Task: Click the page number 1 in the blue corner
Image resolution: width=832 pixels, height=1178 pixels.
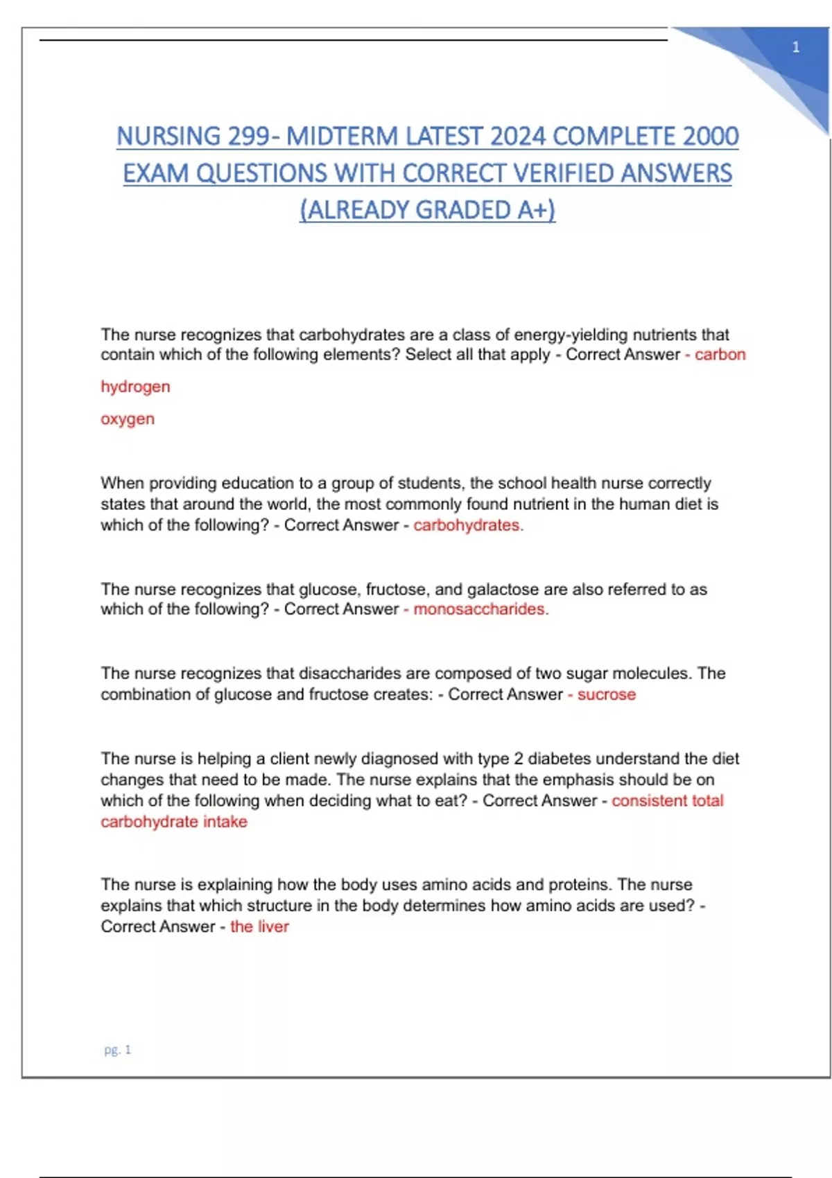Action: click(795, 47)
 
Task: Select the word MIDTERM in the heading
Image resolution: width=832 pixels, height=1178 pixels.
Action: click(343, 136)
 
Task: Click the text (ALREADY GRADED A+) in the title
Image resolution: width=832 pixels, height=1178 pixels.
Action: click(427, 209)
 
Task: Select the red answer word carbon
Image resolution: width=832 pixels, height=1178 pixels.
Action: click(720, 354)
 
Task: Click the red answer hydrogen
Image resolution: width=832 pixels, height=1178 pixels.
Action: click(135, 387)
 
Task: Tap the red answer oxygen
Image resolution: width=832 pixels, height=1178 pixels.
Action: click(128, 419)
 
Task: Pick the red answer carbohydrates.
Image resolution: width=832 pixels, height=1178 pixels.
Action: click(468, 525)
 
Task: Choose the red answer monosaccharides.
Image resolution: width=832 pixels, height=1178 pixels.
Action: click(480, 609)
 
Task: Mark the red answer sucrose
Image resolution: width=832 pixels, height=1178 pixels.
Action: click(606, 694)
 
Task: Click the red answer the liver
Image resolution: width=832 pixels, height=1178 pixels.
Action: click(259, 926)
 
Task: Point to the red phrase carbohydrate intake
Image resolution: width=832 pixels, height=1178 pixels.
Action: click(174, 822)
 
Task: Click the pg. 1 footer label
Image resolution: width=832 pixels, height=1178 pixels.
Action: click(117, 1050)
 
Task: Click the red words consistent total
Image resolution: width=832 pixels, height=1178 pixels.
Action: click(667, 800)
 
